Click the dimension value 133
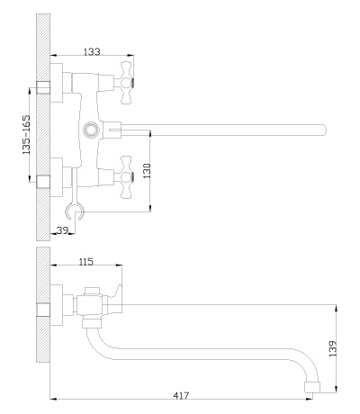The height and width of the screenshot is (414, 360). tap(92, 51)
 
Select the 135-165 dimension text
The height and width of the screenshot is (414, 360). tap(26, 135)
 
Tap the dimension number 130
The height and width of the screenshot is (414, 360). tap(147, 171)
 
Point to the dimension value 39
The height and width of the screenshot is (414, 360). tap(62, 230)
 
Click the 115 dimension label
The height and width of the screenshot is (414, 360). tap(86, 262)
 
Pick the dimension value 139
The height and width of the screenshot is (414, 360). tap(333, 348)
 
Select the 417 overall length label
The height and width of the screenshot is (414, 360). tap(182, 396)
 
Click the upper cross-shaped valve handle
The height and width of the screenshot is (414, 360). tap(126, 83)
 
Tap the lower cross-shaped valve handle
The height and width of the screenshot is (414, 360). tap(126, 177)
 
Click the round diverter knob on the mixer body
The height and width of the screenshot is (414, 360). tap(90, 130)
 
